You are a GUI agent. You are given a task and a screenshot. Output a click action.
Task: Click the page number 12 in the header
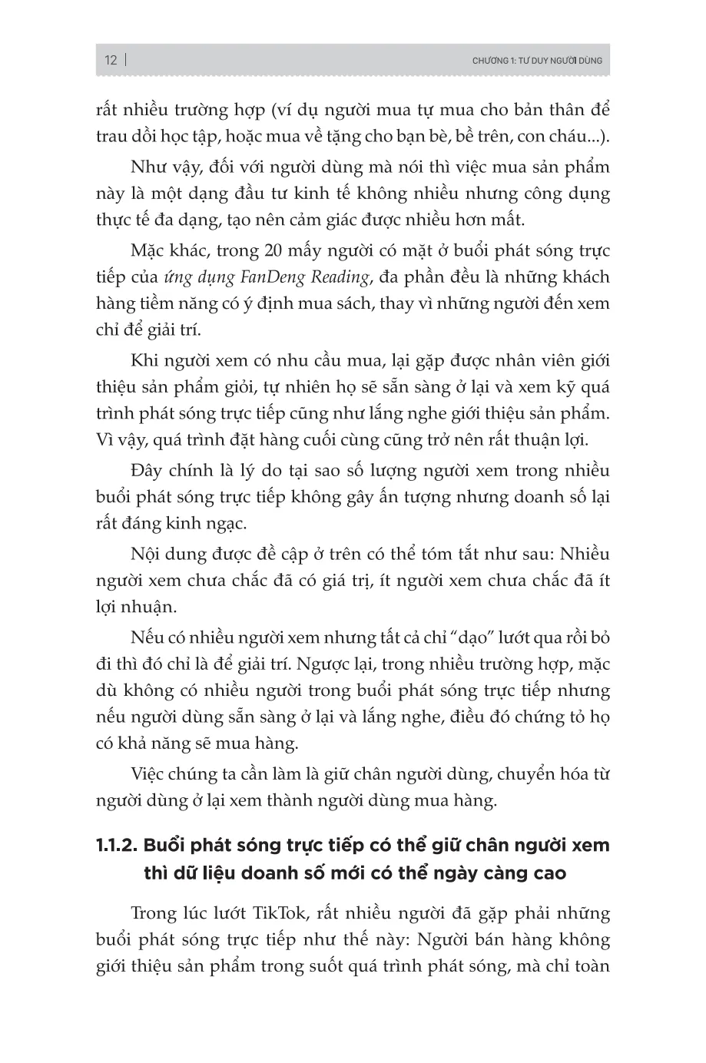(111, 60)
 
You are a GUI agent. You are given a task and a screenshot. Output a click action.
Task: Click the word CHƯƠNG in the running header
(490, 61)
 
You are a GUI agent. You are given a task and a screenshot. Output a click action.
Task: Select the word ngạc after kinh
(226, 524)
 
